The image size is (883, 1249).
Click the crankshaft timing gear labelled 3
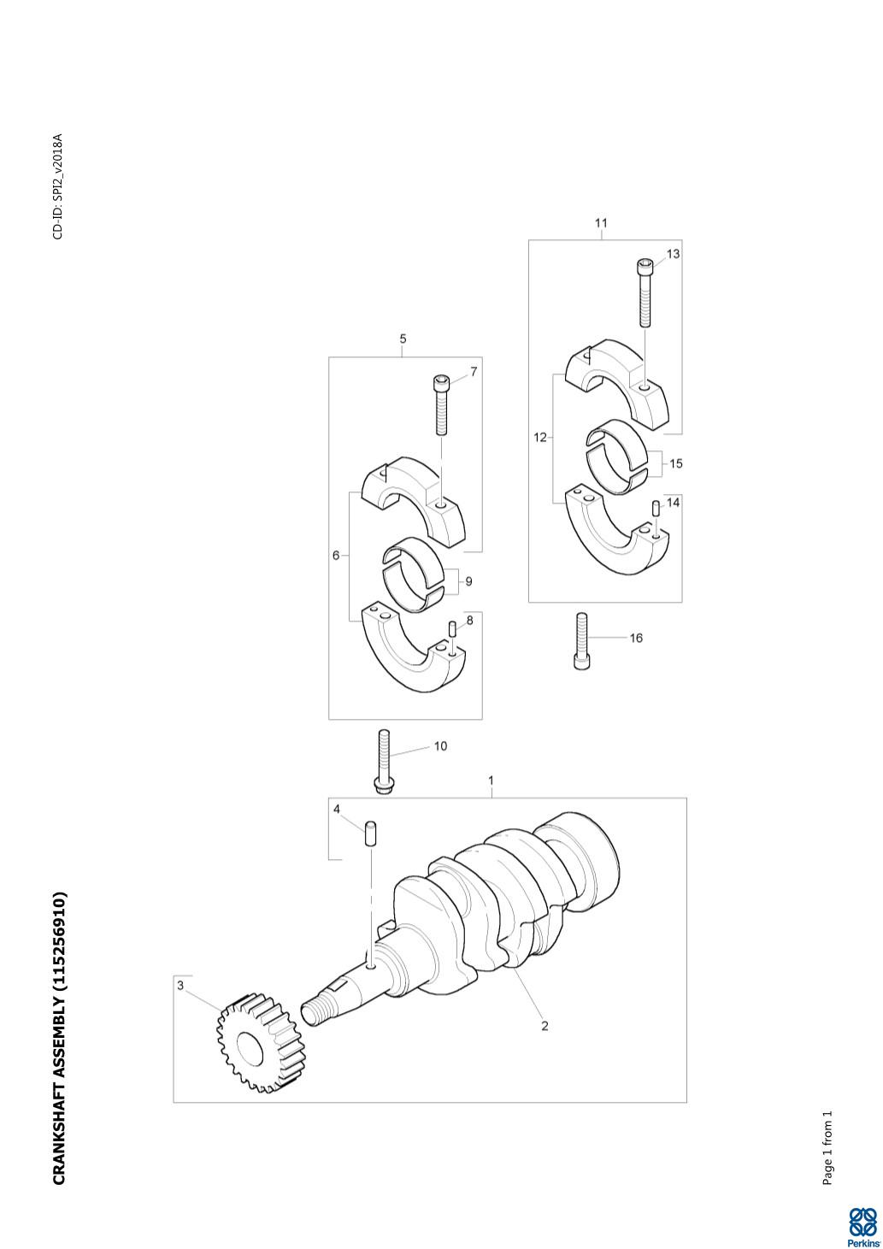click(x=261, y=1043)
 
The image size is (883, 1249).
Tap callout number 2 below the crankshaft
click(x=545, y=1025)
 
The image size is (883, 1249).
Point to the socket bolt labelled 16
click(x=581, y=641)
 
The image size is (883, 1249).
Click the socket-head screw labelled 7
click(x=441, y=405)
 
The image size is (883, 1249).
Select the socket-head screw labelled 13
click(x=644, y=293)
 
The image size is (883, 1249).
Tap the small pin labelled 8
click(x=453, y=629)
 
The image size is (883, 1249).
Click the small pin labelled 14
click(x=656, y=509)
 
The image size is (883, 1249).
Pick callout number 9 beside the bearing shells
click(x=468, y=581)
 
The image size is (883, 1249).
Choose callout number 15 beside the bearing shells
click(x=675, y=463)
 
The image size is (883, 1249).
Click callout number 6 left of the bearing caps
click(x=336, y=556)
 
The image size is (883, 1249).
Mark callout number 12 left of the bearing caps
click(x=540, y=438)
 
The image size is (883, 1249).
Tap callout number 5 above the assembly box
click(x=403, y=339)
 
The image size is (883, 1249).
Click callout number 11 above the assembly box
click(x=601, y=223)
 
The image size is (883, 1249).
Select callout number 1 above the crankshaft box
click(x=492, y=781)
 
